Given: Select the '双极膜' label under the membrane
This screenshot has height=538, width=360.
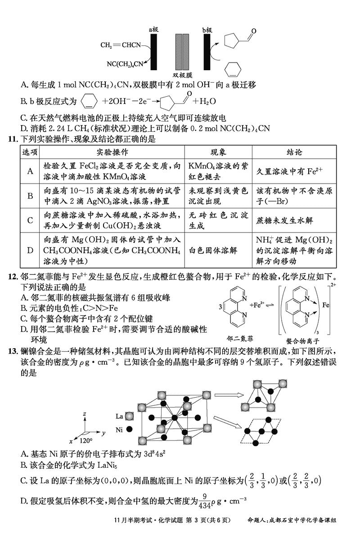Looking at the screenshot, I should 182,76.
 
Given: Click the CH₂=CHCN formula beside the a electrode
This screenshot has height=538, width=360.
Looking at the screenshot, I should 121,45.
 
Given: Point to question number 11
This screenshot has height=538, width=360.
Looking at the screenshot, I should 12,139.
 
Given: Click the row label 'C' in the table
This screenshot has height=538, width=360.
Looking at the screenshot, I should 30,220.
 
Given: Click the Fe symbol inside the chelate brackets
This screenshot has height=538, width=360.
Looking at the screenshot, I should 326,305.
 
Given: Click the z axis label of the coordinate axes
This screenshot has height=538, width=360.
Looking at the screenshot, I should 84,412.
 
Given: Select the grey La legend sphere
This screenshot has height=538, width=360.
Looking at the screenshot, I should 130,416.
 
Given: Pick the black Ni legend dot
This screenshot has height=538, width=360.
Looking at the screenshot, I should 130,430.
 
